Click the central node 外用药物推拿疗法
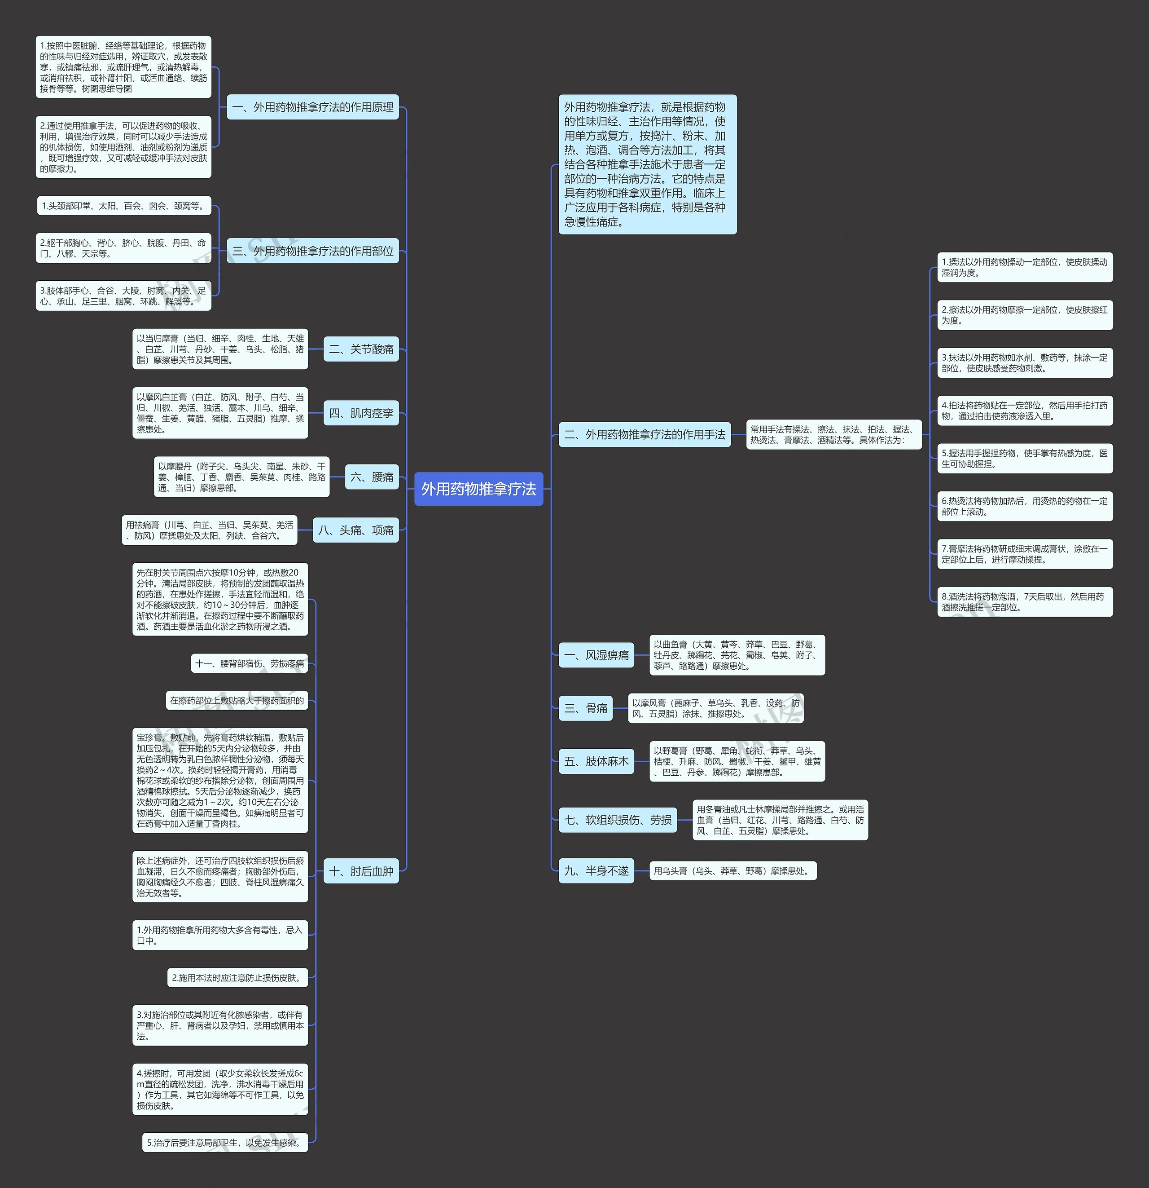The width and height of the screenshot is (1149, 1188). point(478,489)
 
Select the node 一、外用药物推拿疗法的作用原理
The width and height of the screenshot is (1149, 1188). point(312,107)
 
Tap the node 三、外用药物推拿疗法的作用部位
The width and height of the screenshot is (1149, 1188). point(312,251)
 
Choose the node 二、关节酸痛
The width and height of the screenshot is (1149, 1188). point(361,349)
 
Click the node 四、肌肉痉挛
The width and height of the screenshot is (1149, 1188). point(361,413)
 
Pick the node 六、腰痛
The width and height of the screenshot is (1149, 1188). point(372,477)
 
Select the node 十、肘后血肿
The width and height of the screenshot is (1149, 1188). point(361,871)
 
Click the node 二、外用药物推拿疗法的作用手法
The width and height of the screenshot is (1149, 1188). point(645,435)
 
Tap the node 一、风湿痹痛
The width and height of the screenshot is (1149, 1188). point(596,655)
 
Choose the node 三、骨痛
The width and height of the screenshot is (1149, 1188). point(586,708)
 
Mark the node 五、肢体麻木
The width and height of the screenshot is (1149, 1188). point(596,761)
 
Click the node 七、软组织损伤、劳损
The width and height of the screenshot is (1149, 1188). point(618,820)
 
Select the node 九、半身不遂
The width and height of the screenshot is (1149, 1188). point(596,871)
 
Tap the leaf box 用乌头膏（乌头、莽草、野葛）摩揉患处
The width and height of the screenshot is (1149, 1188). point(733,871)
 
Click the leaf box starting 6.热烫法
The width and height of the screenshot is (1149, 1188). point(1025,506)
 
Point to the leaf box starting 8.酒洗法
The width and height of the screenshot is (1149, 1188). point(1025,602)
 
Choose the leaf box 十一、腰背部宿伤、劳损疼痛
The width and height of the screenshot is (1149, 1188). point(250,664)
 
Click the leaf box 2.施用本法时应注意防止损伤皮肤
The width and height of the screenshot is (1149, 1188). point(237,978)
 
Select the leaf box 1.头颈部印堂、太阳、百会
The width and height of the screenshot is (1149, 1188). point(123,206)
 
